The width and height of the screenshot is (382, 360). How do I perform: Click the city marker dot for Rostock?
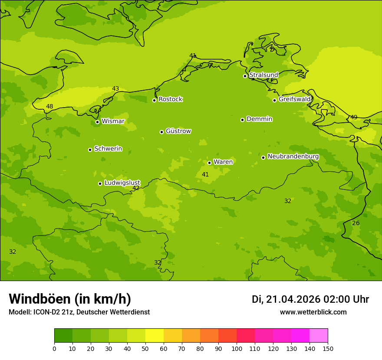tap(154, 100)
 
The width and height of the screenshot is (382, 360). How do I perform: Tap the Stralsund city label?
tap(263, 75)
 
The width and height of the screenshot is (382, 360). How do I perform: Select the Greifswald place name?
tap(295, 99)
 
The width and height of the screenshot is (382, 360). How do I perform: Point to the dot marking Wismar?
tap(97, 122)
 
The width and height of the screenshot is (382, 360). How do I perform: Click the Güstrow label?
tap(178, 131)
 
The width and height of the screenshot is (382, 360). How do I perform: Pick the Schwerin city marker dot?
tap(90, 150)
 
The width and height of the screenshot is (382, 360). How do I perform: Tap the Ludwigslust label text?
tap(122, 183)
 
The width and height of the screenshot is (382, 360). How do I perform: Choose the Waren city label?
tap(223, 162)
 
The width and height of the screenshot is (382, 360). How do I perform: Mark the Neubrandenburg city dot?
tap(263, 157)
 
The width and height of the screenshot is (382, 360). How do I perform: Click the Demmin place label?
tap(259, 119)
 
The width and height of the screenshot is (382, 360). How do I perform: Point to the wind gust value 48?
tap(49, 106)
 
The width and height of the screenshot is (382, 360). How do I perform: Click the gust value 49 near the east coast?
tap(354, 117)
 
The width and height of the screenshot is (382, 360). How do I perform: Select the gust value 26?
tap(356, 223)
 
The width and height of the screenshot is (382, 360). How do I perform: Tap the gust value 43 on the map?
tap(115, 88)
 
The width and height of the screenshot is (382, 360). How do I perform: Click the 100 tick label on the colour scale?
tap(237, 348)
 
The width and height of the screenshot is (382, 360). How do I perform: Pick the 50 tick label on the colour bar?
tap(145, 348)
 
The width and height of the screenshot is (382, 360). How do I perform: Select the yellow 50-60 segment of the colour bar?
tap(155, 336)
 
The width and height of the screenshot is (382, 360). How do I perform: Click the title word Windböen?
tap(40, 299)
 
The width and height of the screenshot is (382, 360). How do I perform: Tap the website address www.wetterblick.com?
tap(313, 312)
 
